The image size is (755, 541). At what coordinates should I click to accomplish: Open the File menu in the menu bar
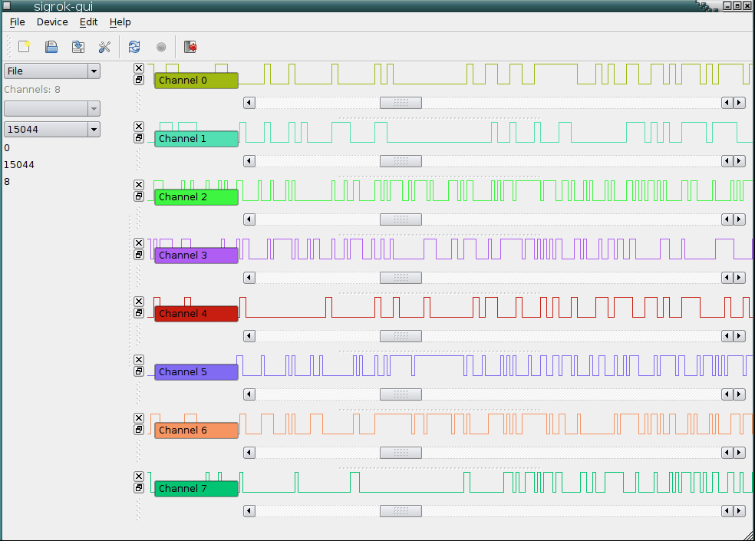point(17,22)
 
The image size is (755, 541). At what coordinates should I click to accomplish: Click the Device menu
point(52,22)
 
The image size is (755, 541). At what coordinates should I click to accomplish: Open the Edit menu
point(88,22)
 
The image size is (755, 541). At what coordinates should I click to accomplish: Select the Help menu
point(120,22)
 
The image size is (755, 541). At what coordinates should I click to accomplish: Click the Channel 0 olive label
point(196,81)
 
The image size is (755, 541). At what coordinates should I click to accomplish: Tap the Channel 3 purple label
point(196,256)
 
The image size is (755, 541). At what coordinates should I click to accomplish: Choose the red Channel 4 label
point(196,314)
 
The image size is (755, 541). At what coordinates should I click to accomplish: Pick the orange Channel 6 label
point(196,430)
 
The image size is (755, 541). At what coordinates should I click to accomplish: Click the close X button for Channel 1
point(139,127)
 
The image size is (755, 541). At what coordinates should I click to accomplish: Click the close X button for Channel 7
point(139,477)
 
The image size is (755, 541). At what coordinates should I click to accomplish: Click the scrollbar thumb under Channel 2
point(401,219)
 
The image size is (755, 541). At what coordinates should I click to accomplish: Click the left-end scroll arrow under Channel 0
point(249,103)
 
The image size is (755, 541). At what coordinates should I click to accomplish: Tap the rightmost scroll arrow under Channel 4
point(739,336)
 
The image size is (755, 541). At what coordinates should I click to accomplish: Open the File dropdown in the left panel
point(52,71)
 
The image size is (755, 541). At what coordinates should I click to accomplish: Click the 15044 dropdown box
point(52,130)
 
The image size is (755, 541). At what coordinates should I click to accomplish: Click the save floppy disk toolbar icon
point(51,47)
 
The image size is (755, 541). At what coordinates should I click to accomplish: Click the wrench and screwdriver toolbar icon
point(105,47)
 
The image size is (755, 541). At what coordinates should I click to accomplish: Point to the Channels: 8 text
point(32,90)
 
